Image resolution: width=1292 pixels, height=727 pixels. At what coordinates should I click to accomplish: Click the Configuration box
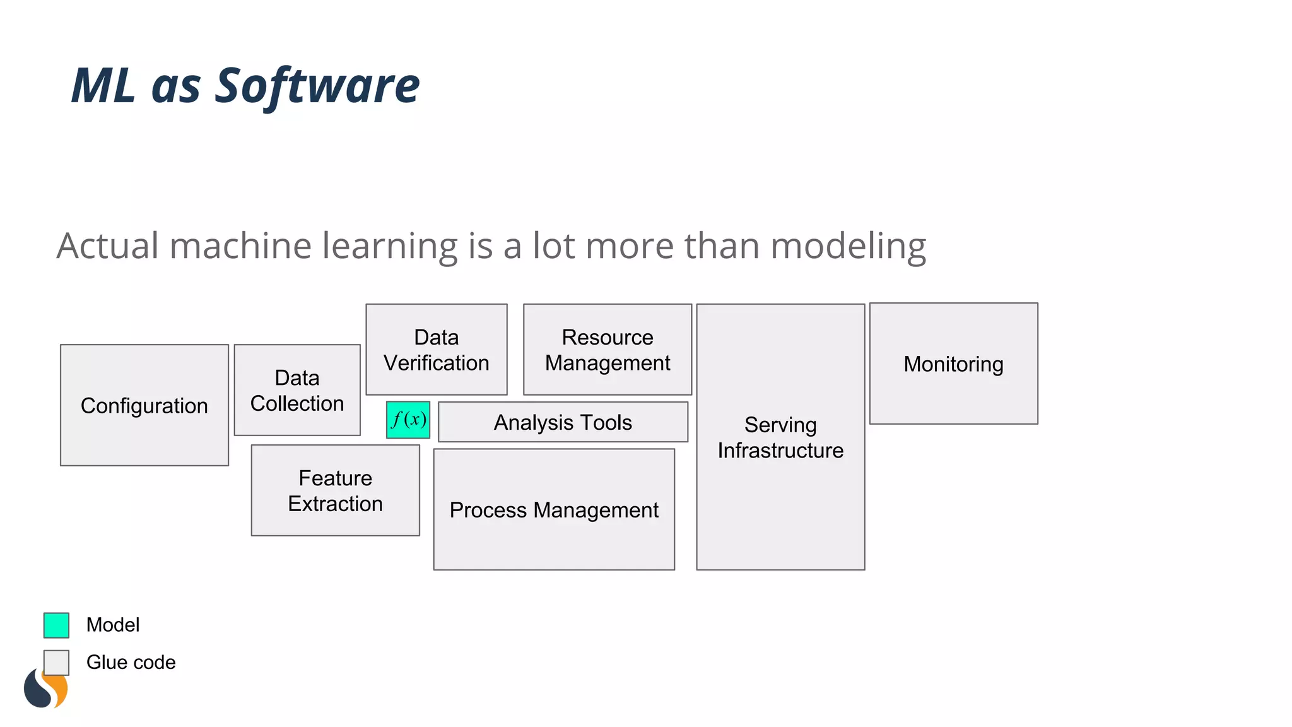pyautogui.click(x=144, y=405)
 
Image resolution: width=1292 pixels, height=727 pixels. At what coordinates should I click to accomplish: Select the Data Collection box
pyautogui.click(x=297, y=390)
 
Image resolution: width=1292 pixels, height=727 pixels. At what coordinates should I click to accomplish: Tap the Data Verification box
pyautogui.click(x=437, y=350)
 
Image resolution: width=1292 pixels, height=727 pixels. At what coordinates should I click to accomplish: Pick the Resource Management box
pyautogui.click(x=608, y=350)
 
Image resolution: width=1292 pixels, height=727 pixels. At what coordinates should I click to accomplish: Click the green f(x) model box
pyautogui.click(x=408, y=420)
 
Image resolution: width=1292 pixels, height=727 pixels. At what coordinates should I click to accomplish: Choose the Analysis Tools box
pyautogui.click(x=563, y=422)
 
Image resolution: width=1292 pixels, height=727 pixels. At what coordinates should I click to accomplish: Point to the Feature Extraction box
pyautogui.click(x=335, y=490)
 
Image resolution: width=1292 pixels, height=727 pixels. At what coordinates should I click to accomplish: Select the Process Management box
pyautogui.click(x=554, y=509)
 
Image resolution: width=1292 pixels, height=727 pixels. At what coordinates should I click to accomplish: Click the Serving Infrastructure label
pyautogui.click(x=780, y=437)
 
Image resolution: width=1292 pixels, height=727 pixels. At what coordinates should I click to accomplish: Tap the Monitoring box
pyautogui.click(x=953, y=363)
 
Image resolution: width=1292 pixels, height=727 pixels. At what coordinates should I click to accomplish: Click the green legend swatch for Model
pyautogui.click(x=56, y=625)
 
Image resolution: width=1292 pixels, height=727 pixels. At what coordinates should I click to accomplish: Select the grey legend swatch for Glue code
pyautogui.click(x=56, y=662)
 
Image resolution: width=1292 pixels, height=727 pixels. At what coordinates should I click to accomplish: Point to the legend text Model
pyautogui.click(x=113, y=625)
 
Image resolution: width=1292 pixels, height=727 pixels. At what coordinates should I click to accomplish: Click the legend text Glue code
pyautogui.click(x=131, y=662)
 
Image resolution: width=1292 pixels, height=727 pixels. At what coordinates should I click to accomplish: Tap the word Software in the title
pyautogui.click(x=317, y=86)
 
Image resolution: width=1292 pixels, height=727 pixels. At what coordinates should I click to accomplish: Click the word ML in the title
pyautogui.click(x=103, y=86)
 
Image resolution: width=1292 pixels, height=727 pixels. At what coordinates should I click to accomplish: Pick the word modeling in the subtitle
pyautogui.click(x=848, y=246)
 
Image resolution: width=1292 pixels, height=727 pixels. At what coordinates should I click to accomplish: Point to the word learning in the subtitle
pyautogui.click(x=390, y=246)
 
